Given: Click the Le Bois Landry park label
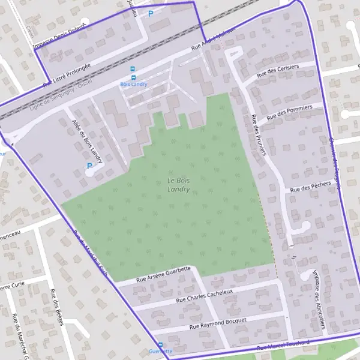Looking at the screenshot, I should coord(179,185).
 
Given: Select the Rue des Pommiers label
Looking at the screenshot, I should coord(290,111).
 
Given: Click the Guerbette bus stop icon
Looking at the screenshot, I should coord(160,344).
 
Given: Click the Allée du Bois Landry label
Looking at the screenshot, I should coord(86,142).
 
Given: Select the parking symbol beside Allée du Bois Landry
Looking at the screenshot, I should coord(90,166).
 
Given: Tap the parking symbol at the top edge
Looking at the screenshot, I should coord(151,13).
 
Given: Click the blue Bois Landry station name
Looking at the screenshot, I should coord(133,84).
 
